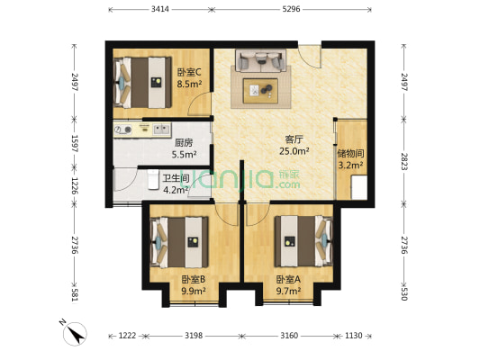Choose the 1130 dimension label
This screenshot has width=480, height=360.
(x=354, y=336)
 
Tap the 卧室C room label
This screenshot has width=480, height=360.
(x=189, y=72)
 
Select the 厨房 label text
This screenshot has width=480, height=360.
(x=184, y=142)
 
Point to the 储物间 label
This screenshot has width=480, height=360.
(x=350, y=153)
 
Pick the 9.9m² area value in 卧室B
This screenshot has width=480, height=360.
(x=194, y=291)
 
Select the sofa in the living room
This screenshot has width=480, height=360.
(x=262, y=61)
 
